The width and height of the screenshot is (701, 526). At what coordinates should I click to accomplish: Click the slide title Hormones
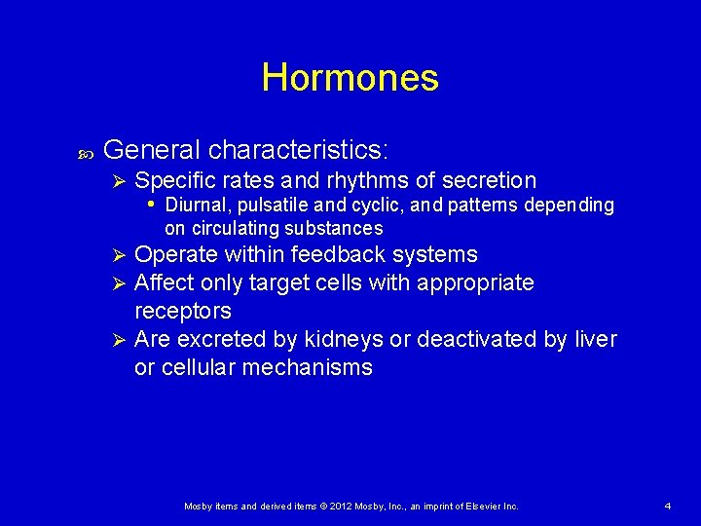[x=350, y=77]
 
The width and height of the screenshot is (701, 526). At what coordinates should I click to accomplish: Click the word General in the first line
[x=151, y=150]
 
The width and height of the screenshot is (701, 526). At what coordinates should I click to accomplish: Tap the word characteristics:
[x=299, y=150]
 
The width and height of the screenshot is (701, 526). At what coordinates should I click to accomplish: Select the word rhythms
[x=365, y=181]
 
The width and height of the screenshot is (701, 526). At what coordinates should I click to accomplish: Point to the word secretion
[x=489, y=181]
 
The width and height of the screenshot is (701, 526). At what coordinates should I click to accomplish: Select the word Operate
[x=176, y=255]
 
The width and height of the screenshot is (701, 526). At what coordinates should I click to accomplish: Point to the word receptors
[x=182, y=312]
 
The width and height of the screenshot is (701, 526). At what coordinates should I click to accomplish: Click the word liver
[x=595, y=340]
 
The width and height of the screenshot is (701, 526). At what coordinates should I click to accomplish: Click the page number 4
[x=667, y=507]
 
